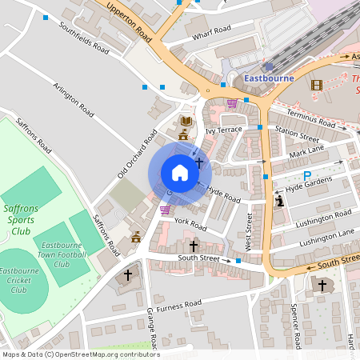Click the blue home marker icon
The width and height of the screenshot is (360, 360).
pos(180,173)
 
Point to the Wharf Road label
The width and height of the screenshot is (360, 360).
pos(211,33)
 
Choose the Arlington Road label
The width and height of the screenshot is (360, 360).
pos(74,94)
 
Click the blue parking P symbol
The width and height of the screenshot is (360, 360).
pos(306,176)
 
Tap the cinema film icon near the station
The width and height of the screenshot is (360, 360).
pos(318,85)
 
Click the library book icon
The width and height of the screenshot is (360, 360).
pos(186,121)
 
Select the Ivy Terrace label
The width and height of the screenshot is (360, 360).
pos(223,130)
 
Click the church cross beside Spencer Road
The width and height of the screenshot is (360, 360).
pos(322,286)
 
